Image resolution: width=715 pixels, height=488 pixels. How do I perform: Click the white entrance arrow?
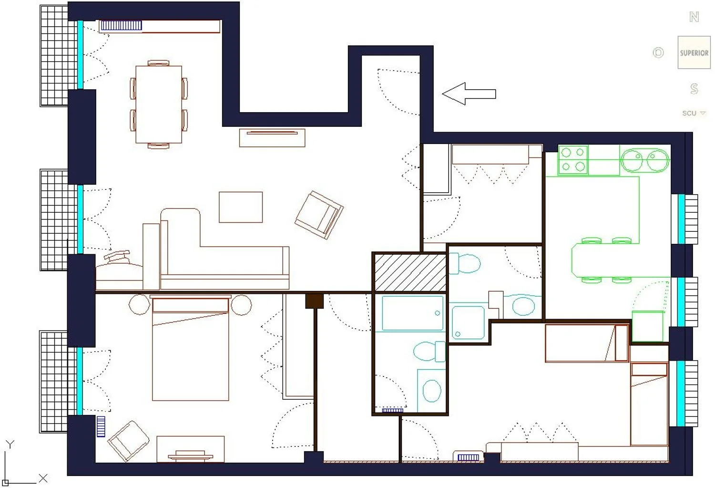(x=469, y=93)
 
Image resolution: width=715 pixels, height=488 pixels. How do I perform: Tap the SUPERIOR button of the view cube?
(x=694, y=52)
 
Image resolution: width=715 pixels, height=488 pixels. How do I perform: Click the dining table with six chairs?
(x=159, y=104)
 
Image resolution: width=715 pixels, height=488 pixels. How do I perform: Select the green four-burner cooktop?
(x=573, y=160)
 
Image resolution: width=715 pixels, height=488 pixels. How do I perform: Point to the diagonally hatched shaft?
(x=410, y=272)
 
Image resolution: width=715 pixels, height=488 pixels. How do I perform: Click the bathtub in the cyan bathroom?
(x=413, y=313)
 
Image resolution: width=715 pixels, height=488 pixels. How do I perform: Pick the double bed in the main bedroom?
(x=191, y=348)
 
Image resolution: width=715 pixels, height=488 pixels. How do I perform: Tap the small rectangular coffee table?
(x=241, y=207)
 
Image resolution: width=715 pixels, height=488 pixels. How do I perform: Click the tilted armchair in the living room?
(x=319, y=215)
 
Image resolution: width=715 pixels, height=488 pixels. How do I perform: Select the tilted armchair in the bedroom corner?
(x=128, y=441)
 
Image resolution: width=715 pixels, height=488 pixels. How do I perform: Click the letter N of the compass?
(x=694, y=17)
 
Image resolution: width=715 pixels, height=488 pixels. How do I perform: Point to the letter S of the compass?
(x=694, y=88)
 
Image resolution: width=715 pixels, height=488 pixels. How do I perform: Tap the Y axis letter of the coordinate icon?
(x=10, y=444)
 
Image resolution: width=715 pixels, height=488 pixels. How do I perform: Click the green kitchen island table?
(x=620, y=260)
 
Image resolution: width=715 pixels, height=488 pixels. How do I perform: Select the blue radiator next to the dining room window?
(x=121, y=26)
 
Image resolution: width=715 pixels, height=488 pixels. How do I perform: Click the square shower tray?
(x=468, y=322)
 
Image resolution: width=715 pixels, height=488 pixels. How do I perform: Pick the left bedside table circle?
(x=140, y=304)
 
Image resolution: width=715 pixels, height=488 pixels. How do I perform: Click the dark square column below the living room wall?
(x=315, y=301)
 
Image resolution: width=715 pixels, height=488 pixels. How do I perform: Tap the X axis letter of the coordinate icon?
(x=43, y=478)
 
